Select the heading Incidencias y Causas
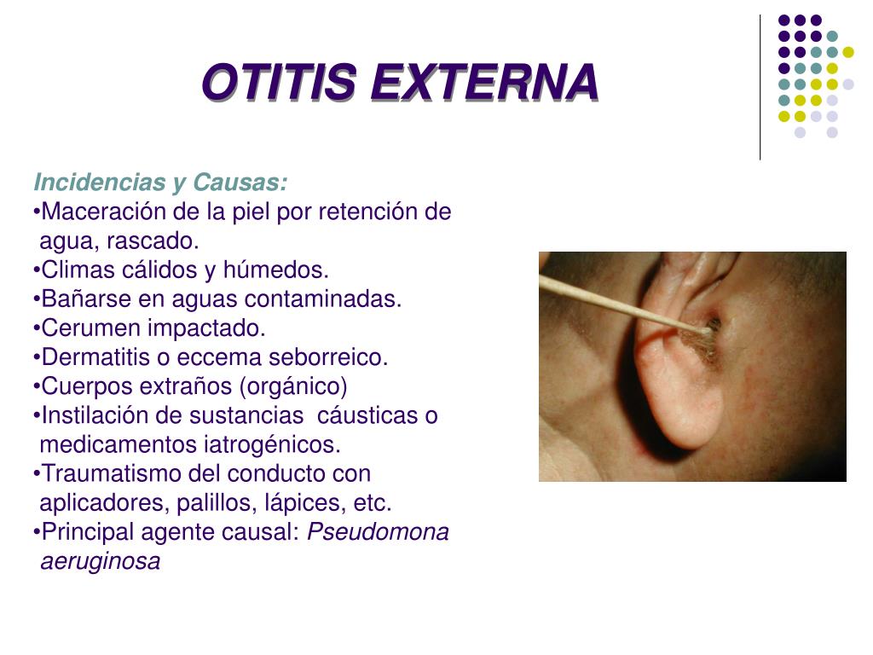coord(160,183)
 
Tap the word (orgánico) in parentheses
coord(293,386)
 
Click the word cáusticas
coord(367,415)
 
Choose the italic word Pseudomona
coord(378,531)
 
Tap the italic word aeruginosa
coord(100,561)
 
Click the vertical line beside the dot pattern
coord(760,85)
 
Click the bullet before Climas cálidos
coord(37,270)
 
